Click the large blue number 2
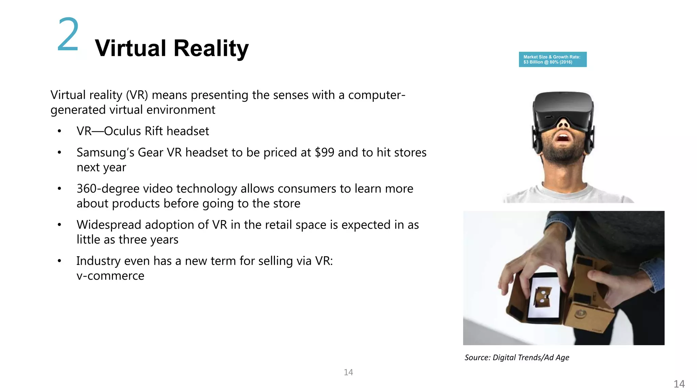pyautogui.click(x=68, y=35)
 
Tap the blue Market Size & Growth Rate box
pyautogui.click(x=552, y=60)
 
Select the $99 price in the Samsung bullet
pyautogui.click(x=324, y=152)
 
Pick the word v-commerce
pyautogui.click(x=110, y=276)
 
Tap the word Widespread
pyautogui.click(x=104, y=225)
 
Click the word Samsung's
pyautogui.click(x=105, y=152)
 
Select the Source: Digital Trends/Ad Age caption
pyautogui.click(x=517, y=357)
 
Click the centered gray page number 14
pyautogui.click(x=348, y=372)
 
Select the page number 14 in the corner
pyautogui.click(x=679, y=384)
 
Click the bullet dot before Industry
pyautogui.click(x=59, y=261)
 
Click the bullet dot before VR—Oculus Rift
pyautogui.click(x=59, y=131)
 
